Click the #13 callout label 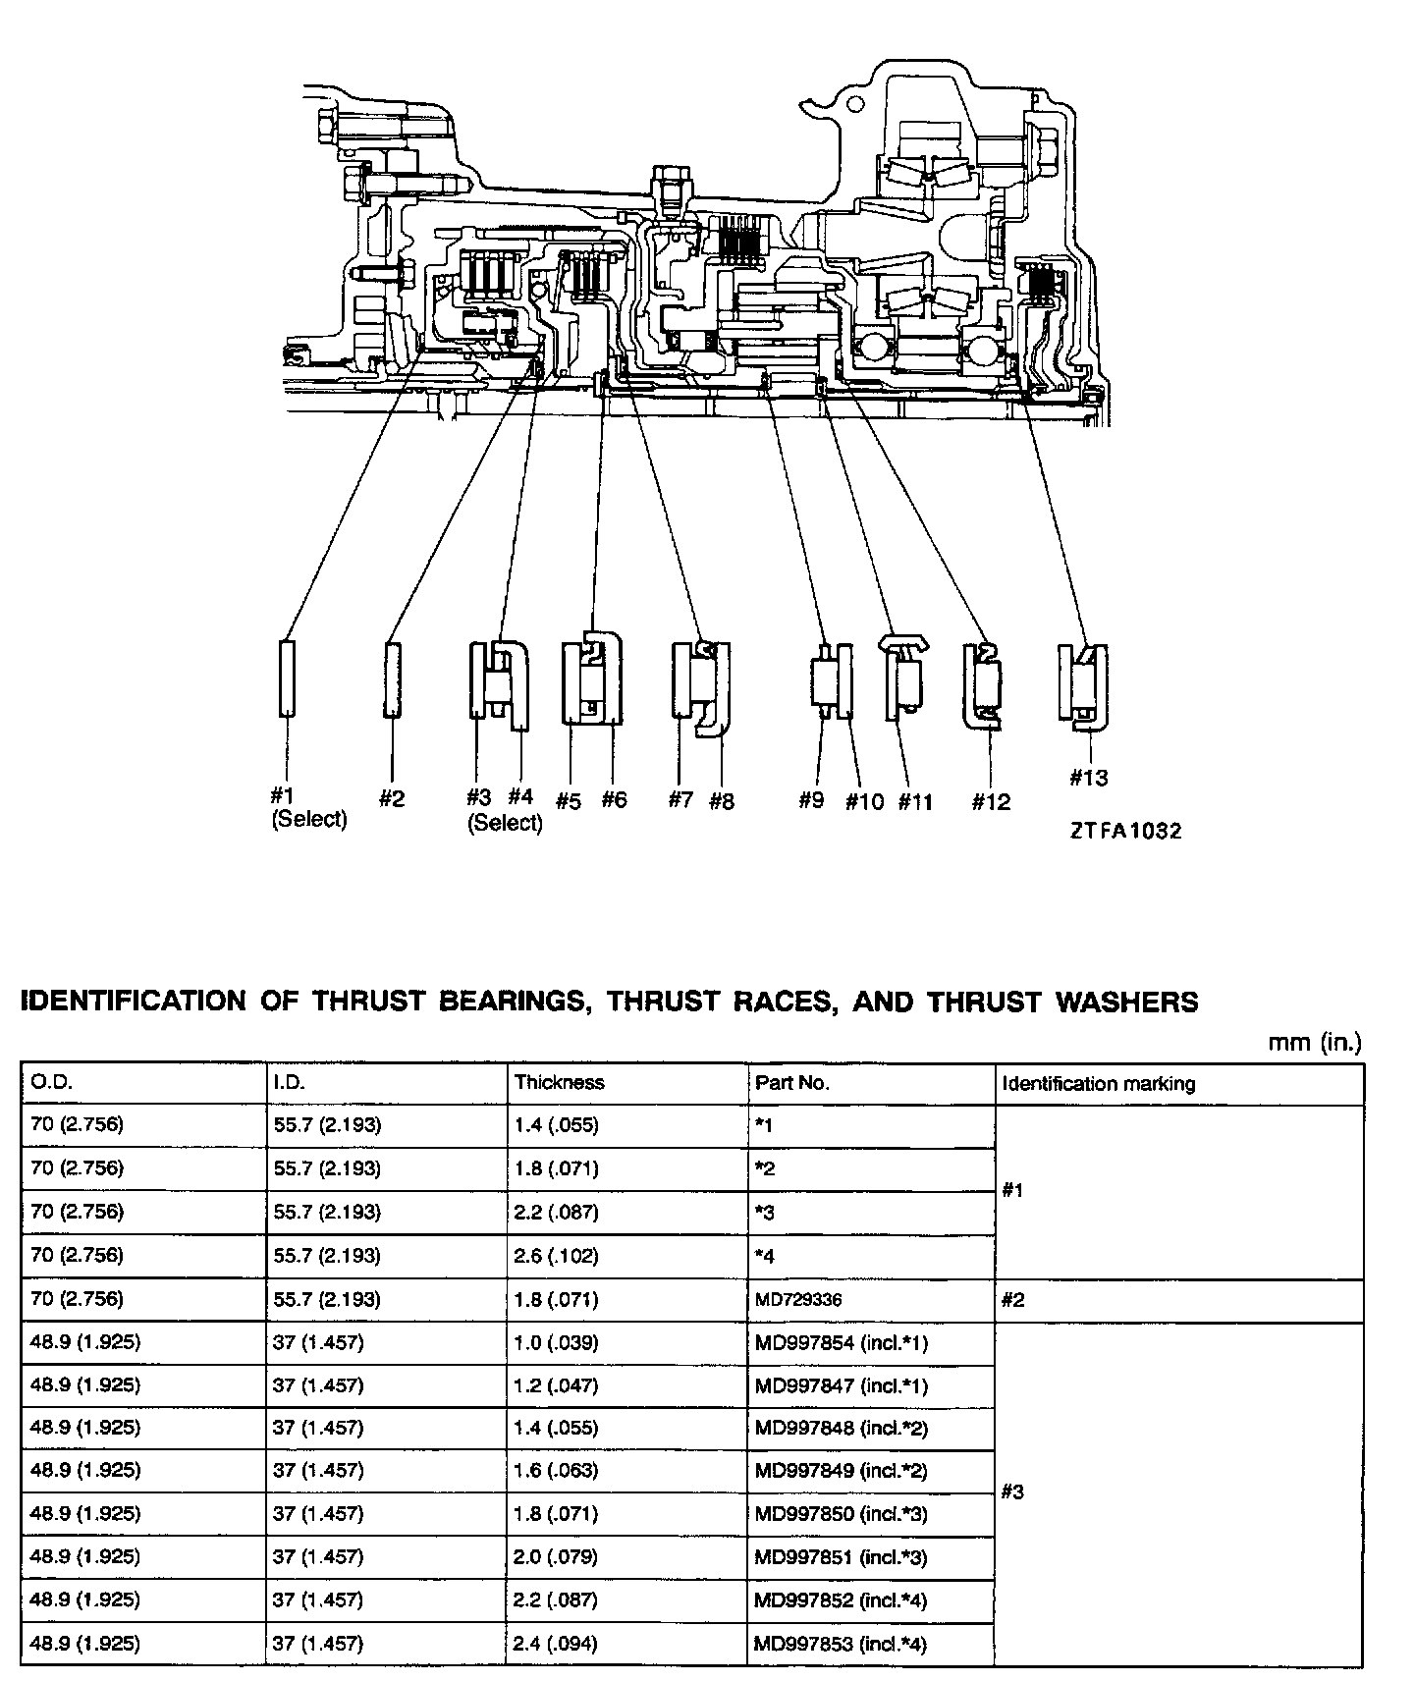[x=1088, y=778]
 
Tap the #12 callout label [x=991, y=802]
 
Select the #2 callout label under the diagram [x=391, y=798]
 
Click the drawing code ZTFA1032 [x=1126, y=831]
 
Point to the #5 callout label [x=569, y=801]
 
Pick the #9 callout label [x=810, y=800]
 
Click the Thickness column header [x=560, y=1082]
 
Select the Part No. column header [x=792, y=1082]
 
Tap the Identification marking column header [x=1098, y=1083]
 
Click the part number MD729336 [x=798, y=1300]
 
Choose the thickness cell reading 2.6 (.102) [x=556, y=1256]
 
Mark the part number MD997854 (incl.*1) [x=842, y=1342]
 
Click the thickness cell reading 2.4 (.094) [x=556, y=1644]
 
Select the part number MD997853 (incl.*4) [x=842, y=1644]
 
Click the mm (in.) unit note [x=1315, y=1043]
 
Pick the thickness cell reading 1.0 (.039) [x=556, y=1342]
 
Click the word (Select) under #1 [x=309, y=819]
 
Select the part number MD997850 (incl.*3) [x=842, y=1513]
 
